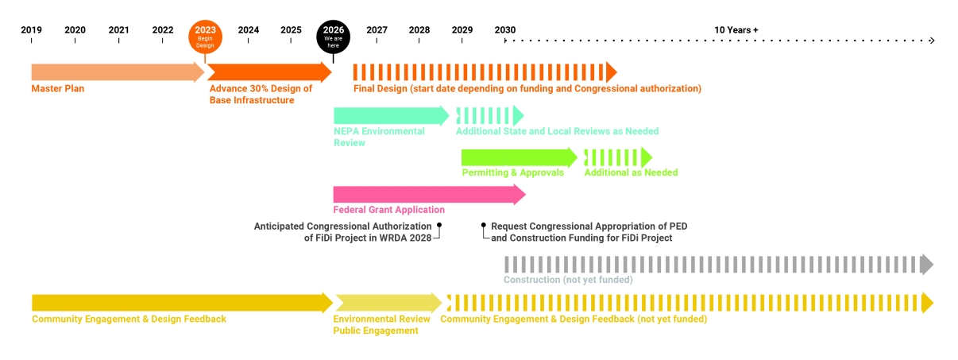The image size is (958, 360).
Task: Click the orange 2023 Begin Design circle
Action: pyautogui.click(x=206, y=36)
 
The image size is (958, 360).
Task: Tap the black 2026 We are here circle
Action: pyautogui.click(x=333, y=36)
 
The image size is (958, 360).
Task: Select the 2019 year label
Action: pyautogui.click(x=32, y=30)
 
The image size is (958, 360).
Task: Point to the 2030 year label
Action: pyautogui.click(x=504, y=30)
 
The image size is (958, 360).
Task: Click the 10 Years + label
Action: pyautogui.click(x=736, y=30)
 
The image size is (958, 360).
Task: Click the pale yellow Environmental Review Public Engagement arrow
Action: pyautogui.click(x=388, y=303)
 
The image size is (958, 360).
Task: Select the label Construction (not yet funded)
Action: pyautogui.click(x=568, y=280)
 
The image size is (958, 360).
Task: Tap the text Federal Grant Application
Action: pyautogui.click(x=389, y=210)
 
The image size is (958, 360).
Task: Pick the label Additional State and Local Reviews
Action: pyautogui.click(x=557, y=131)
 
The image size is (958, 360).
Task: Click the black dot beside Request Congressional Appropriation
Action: pyautogui.click(x=484, y=226)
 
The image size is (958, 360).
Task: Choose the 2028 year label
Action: pyautogui.click(x=419, y=30)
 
